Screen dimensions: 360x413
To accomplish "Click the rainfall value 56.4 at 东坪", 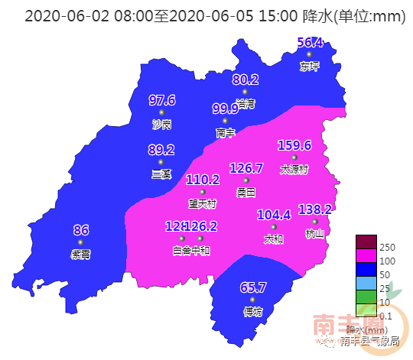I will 310,43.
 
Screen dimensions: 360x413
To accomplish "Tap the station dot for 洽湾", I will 245,92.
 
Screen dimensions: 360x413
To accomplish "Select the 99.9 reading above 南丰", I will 226,109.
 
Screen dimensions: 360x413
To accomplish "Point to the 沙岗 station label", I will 161,124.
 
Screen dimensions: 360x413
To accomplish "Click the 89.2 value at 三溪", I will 161,150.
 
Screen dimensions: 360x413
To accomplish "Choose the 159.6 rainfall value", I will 294,145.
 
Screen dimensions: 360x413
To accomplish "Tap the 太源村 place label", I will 294,170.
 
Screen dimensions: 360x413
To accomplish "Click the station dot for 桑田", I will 246,180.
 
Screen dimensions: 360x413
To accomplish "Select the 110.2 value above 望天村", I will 203,180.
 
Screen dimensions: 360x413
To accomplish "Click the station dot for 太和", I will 273,227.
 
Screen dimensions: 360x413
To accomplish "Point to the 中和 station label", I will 200,249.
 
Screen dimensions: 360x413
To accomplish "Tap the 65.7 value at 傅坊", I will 252,287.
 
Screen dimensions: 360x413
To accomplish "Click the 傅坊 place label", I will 252,311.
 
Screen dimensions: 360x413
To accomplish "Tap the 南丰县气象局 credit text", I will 370,341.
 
